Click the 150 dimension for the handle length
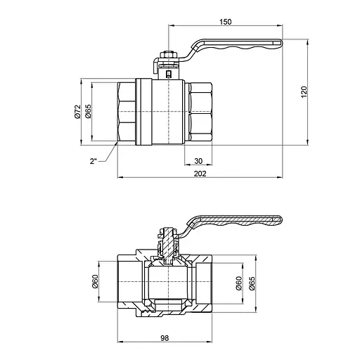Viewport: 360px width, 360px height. click(225, 22)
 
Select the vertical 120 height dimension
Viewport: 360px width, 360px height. click(304, 91)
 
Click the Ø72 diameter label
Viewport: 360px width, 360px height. click(79, 112)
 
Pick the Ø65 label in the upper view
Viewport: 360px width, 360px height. click(89, 112)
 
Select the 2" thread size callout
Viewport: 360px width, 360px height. click(93, 162)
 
